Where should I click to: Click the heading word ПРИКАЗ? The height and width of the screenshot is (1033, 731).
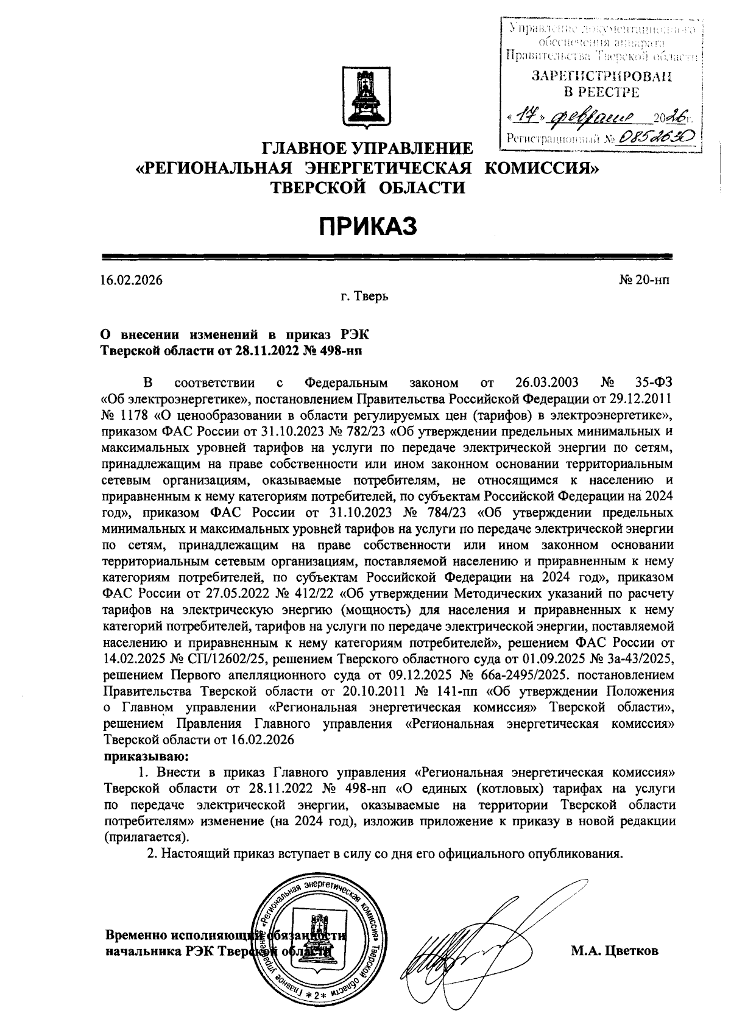point(369,226)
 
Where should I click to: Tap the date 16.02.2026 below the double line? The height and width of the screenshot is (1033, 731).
point(132,281)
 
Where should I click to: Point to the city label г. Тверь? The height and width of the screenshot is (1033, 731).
point(364,297)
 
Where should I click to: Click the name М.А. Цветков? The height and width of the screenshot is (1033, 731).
point(614,951)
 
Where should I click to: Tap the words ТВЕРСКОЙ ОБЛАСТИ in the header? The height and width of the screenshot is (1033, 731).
point(367,187)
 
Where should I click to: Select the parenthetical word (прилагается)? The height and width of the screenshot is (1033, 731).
point(146,837)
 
